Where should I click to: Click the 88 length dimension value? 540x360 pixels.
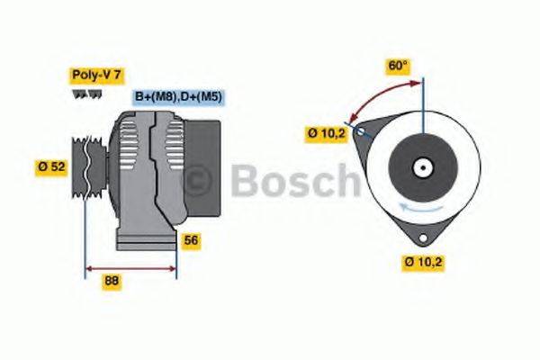coord(112,280)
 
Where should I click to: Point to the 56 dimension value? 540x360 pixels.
coord(191,240)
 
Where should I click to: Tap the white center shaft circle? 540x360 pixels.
coord(421,168)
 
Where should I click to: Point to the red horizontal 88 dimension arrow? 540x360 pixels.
coord(130,267)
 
